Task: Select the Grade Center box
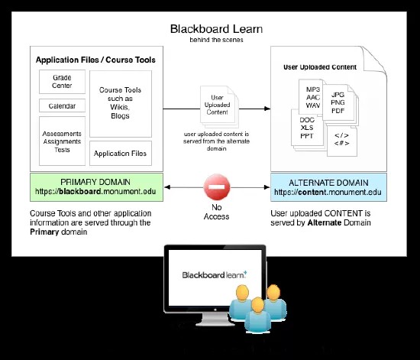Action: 62,82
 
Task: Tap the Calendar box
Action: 62,105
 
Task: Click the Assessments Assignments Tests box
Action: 62,140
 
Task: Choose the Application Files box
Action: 121,154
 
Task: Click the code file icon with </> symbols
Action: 341,139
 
